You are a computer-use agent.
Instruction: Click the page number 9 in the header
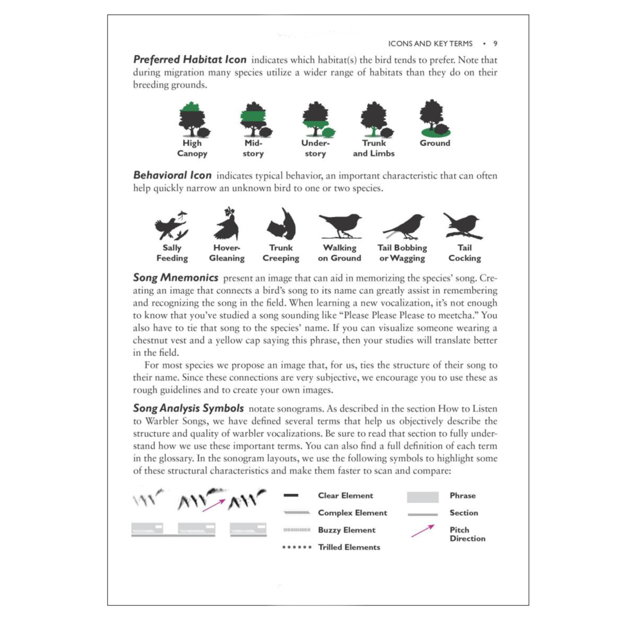(495, 44)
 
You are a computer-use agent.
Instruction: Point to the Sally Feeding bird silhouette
(171, 226)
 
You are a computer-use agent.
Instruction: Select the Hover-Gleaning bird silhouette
(227, 225)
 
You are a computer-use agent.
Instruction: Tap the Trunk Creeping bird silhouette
(282, 225)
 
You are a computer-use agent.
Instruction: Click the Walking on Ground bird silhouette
(340, 225)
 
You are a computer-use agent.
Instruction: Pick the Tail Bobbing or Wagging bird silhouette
(404, 226)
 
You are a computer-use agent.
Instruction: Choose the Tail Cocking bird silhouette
(462, 226)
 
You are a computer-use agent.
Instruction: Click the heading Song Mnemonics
(176, 278)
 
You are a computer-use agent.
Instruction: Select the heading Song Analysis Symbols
(188, 408)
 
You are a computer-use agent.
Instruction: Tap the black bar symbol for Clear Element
(291, 496)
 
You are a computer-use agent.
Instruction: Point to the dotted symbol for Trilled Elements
(297, 547)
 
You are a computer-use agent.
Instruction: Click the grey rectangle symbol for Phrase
(422, 497)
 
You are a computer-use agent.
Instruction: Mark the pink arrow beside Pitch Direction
(423, 531)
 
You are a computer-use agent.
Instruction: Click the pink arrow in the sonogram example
(214, 505)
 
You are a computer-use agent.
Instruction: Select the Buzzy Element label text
(346, 530)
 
